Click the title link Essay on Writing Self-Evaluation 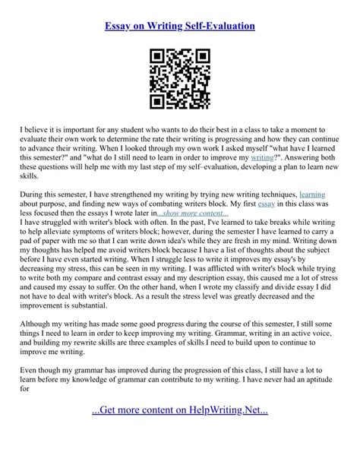click(x=180, y=27)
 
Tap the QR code click(x=180, y=78)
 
